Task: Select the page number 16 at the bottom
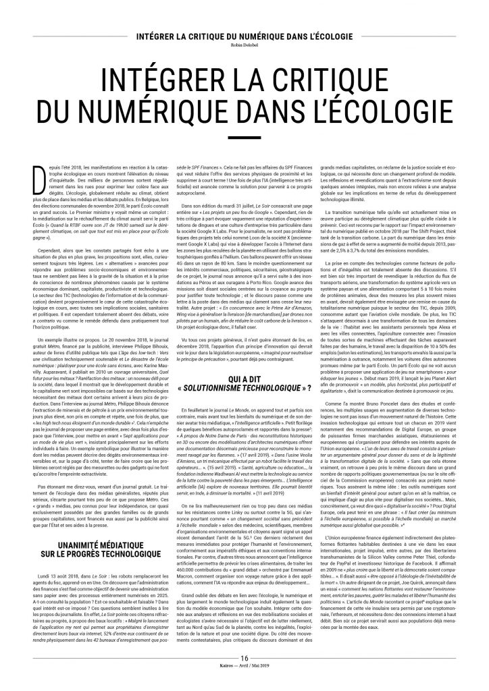point(244,668)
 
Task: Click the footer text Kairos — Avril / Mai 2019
point(244,676)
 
